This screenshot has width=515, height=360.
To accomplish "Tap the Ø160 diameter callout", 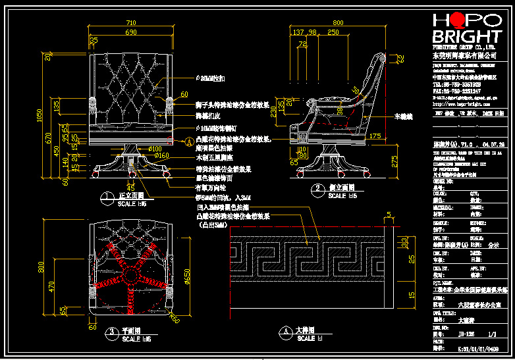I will (162, 155).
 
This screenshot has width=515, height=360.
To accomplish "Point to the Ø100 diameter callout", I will (155, 148).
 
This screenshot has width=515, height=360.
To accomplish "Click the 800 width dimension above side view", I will (338, 23).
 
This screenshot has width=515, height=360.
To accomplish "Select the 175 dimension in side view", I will (376, 136).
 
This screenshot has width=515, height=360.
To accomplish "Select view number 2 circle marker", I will (317, 189).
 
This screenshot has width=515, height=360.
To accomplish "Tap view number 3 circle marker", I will (113, 332).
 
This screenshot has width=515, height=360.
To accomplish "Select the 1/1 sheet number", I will (491, 334).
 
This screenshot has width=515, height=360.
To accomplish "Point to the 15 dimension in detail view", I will (412, 294).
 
